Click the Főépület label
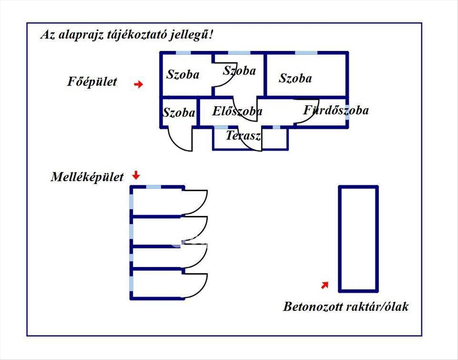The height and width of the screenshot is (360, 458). (92, 82)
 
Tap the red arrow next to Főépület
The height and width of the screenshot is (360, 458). (139, 84)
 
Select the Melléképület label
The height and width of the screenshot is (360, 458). (87, 177)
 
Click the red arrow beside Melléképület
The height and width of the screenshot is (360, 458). (136, 176)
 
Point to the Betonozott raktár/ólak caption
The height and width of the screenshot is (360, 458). (345, 307)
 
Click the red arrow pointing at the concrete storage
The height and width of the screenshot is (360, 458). (324, 285)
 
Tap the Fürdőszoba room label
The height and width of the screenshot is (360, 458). (336, 110)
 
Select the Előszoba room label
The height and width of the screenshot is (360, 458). (237, 111)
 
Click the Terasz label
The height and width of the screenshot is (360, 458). (243, 136)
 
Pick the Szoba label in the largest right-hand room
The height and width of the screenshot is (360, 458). (295, 78)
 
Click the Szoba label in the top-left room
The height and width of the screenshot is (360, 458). (182, 74)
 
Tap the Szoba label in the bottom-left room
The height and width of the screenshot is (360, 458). (179, 113)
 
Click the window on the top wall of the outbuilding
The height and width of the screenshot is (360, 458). (153, 187)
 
